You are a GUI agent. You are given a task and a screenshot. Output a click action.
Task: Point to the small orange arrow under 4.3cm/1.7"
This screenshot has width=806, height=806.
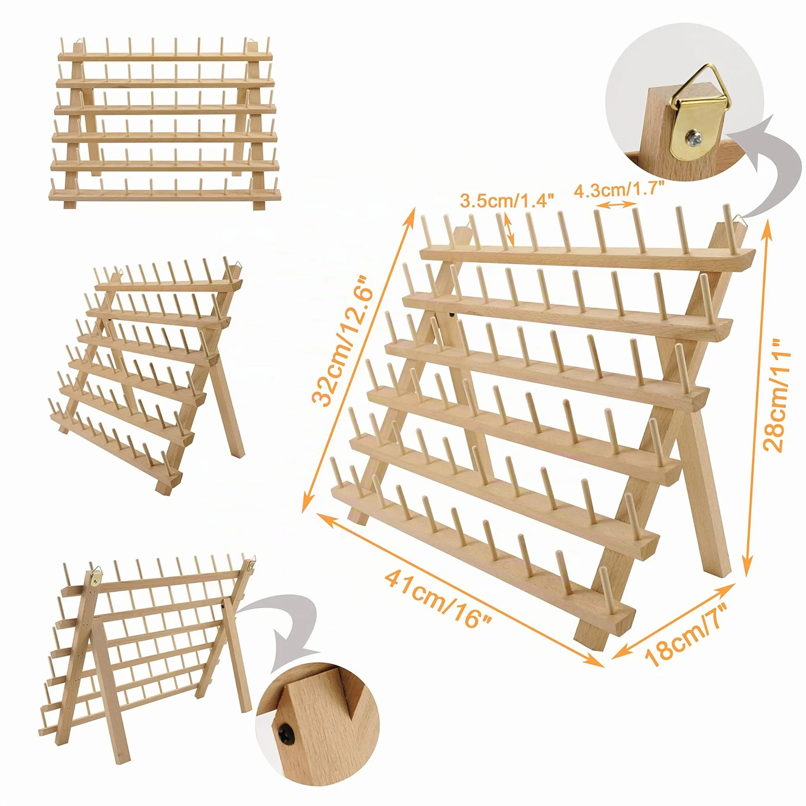coord(616,204)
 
